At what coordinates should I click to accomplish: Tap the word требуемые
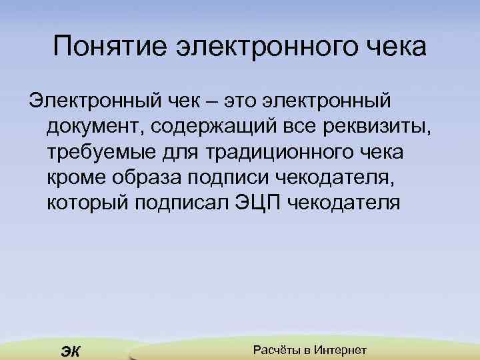click(98, 151)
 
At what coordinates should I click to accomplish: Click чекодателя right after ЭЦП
click(346, 202)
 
